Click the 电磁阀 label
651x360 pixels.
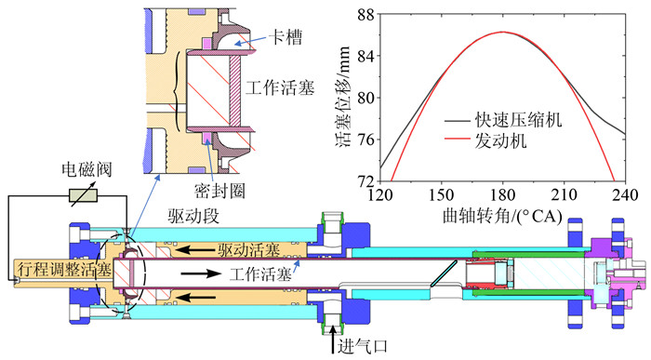(x=86, y=169)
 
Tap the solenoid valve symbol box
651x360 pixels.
(x=83, y=195)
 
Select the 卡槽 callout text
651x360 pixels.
(x=286, y=36)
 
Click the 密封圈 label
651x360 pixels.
(x=219, y=191)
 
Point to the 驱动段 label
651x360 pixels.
(x=193, y=216)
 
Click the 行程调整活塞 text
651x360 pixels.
(x=64, y=271)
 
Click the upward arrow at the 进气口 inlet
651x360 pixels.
(x=333, y=340)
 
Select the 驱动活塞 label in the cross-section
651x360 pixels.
(x=249, y=250)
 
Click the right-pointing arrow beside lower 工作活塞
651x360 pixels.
(x=201, y=273)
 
